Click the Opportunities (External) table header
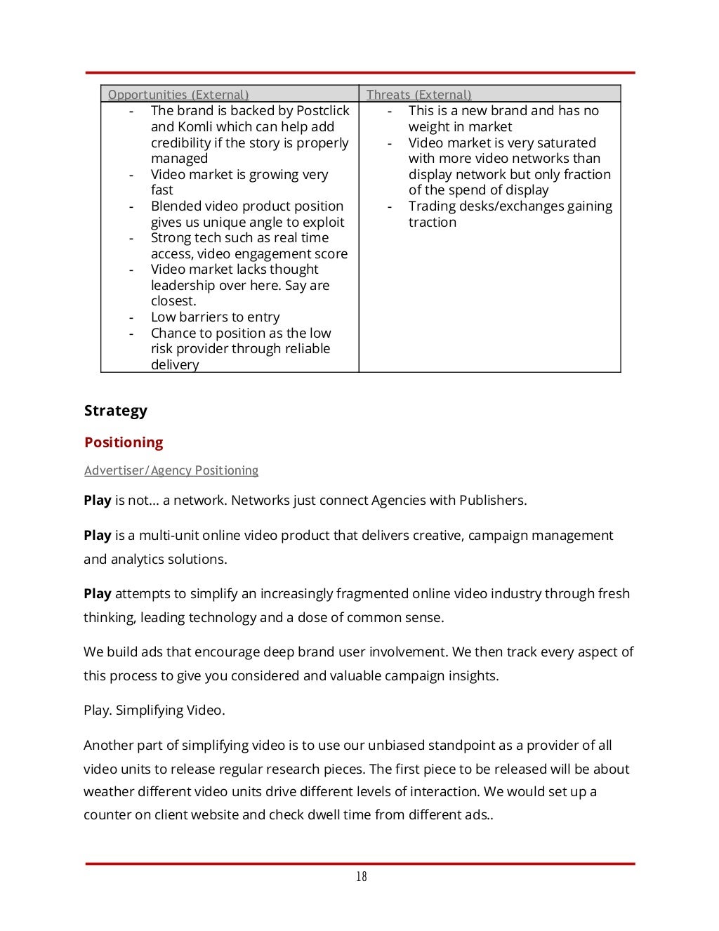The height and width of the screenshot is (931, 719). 178,95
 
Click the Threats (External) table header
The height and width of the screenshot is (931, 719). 418,95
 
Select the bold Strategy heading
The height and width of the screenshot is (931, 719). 116,411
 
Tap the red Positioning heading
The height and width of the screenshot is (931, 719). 124,442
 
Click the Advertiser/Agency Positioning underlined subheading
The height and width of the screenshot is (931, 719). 171,470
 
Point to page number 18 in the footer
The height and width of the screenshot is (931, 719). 361,876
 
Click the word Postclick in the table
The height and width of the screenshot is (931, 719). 322,111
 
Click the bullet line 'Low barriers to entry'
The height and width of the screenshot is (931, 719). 215,317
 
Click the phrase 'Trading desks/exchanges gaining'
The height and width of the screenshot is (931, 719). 510,206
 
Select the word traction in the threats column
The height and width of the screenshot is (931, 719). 433,223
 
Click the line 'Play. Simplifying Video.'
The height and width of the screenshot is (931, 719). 154,710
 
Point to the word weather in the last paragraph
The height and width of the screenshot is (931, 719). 107,792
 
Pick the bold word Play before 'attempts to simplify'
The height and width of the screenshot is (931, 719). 98,594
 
